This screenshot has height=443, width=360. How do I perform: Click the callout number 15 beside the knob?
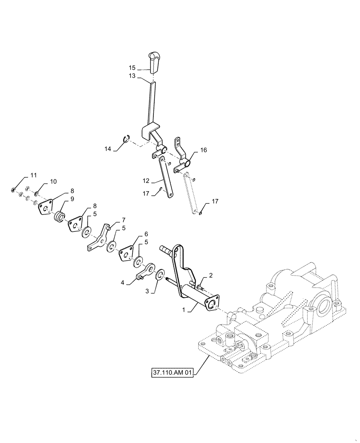[x=132, y=68]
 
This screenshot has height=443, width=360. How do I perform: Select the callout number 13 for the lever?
[x=132, y=76]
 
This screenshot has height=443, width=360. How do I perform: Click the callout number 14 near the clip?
[x=108, y=149]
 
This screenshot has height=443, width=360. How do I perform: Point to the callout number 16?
[x=203, y=151]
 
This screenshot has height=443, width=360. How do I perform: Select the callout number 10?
[x=53, y=182]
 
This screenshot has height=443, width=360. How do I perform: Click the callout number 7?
[x=124, y=220]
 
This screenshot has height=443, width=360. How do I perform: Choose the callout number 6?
[x=146, y=234]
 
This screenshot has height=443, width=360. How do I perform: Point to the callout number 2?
[x=210, y=276]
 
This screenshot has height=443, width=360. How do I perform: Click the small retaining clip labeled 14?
[x=125, y=141]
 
